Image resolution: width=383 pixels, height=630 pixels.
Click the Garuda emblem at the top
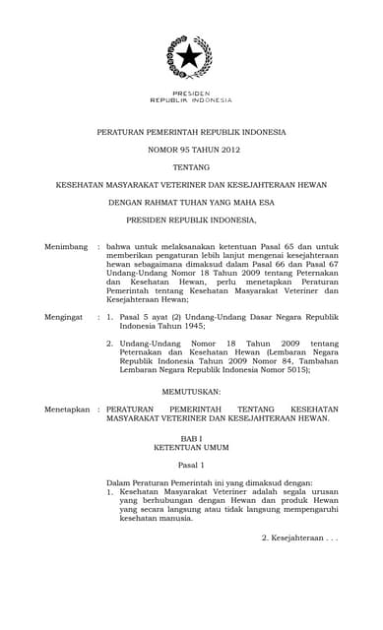coord(189,57)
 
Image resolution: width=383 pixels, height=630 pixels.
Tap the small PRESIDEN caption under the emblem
coord(191,93)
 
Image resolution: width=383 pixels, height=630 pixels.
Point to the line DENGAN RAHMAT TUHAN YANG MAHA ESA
coord(191,203)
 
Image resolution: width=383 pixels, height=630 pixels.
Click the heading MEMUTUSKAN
coord(190,391)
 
